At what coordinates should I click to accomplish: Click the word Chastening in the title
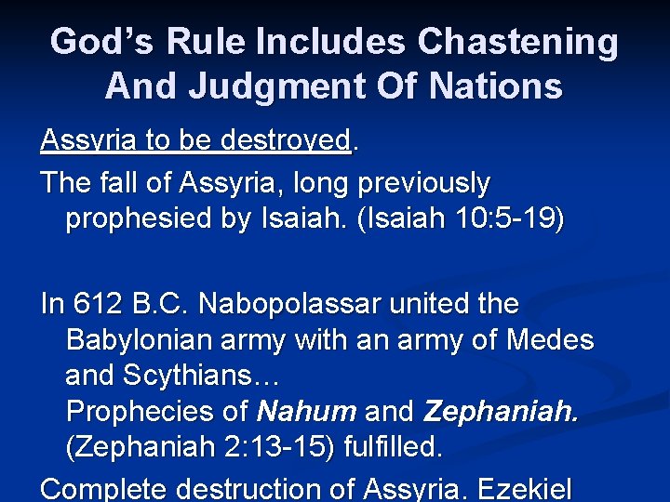pos(517,42)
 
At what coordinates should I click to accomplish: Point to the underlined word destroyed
pos(285,140)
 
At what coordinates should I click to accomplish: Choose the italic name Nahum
pos(306,411)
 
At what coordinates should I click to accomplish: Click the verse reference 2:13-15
pos(270,448)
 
